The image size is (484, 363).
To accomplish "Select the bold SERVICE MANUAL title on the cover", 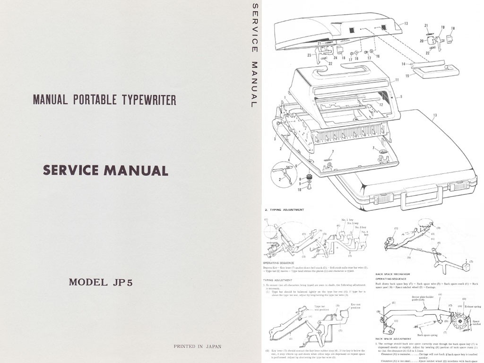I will point(105,170).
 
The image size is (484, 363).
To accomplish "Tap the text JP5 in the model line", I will point(123,283).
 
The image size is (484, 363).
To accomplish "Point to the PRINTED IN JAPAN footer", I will point(197,346).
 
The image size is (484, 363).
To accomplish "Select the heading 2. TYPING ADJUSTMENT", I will point(284,209).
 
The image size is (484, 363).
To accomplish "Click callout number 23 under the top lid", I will point(308,55).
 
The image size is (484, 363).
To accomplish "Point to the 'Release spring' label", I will point(473,307).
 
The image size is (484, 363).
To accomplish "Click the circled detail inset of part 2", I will point(284,176).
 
